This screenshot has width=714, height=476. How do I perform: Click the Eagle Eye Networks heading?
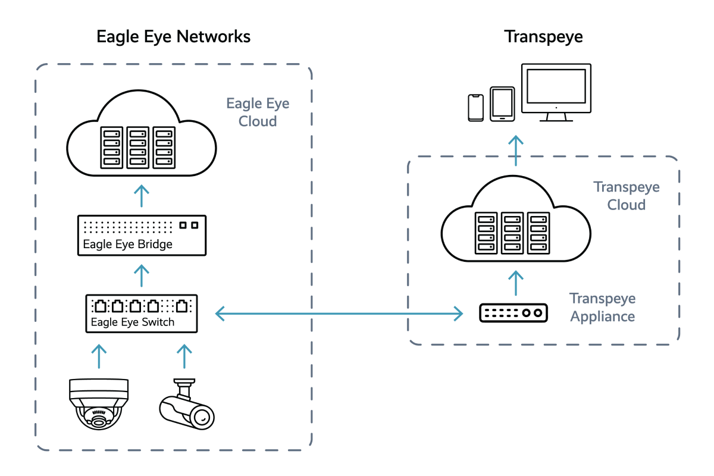point(173,37)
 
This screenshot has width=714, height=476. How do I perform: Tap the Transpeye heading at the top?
point(543,37)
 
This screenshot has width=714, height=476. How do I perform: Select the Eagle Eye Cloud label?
point(258,112)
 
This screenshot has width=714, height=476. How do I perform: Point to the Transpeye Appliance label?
point(602,307)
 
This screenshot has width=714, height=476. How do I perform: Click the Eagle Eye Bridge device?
point(142,236)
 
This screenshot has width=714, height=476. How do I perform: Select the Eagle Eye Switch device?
point(141,314)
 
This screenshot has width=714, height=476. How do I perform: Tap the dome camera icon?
point(98,404)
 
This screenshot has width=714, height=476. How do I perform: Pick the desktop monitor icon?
point(556,92)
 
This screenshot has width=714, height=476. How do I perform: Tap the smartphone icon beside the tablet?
point(477,107)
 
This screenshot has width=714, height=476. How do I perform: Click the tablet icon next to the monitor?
point(502,104)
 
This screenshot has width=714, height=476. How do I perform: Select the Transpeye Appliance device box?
point(515,312)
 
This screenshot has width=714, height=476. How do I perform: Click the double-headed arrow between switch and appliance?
point(339,314)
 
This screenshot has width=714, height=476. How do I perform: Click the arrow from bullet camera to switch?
point(184,356)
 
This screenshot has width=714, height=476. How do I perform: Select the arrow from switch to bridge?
point(142,277)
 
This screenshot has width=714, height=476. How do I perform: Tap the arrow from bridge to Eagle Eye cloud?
point(142,196)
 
